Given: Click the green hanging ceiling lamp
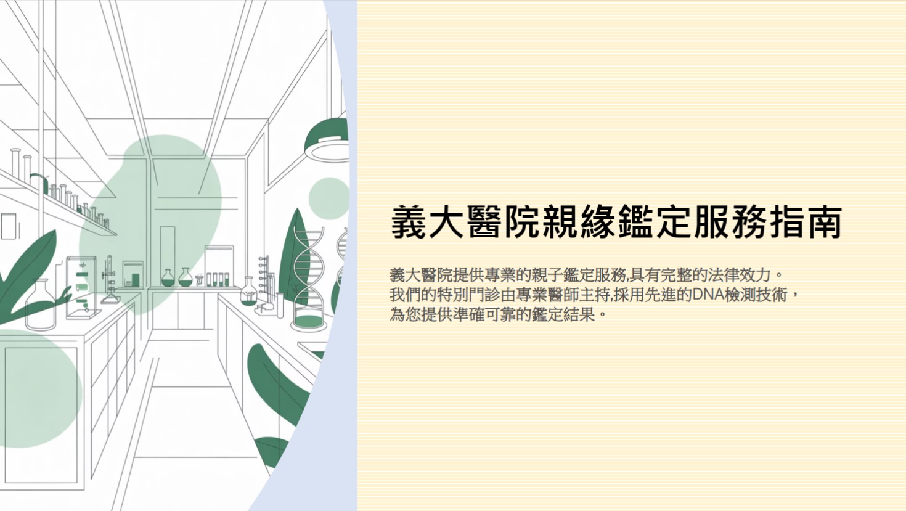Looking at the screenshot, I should click(327, 139).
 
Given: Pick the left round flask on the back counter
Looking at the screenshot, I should click(168, 277).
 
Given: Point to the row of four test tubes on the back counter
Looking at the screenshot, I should click(218, 279).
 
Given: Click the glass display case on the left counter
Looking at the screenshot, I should click(81, 287).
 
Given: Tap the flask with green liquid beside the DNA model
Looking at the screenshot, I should click(248, 293).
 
